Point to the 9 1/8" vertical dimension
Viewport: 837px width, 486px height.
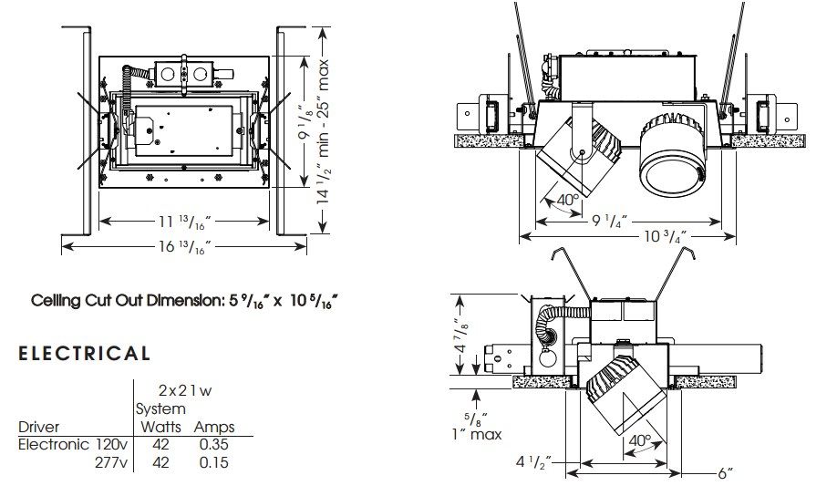click(305, 122)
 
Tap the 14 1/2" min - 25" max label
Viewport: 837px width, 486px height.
click(324, 131)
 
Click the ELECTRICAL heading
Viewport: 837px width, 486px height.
click(85, 354)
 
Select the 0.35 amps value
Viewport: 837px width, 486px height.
click(213, 444)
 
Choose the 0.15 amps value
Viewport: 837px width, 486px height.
click(213, 462)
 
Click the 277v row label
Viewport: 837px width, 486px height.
click(111, 462)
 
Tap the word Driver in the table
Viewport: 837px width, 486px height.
click(38, 427)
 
